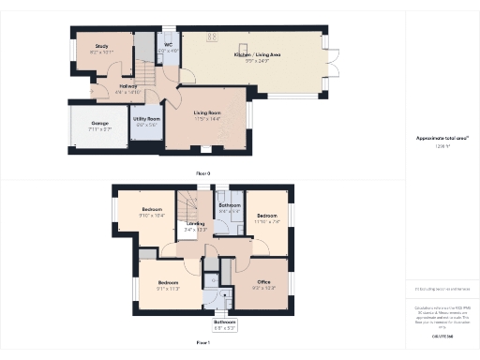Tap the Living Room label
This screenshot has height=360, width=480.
(x=207, y=116)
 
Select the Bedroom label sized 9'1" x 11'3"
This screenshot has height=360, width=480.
(x=169, y=285)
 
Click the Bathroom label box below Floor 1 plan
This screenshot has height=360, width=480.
(x=226, y=324)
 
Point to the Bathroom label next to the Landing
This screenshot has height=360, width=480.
(x=230, y=208)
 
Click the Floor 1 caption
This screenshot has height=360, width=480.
(x=202, y=344)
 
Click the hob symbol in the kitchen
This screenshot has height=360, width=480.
(x=208, y=38)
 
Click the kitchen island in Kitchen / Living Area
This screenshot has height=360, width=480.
(x=244, y=50)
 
